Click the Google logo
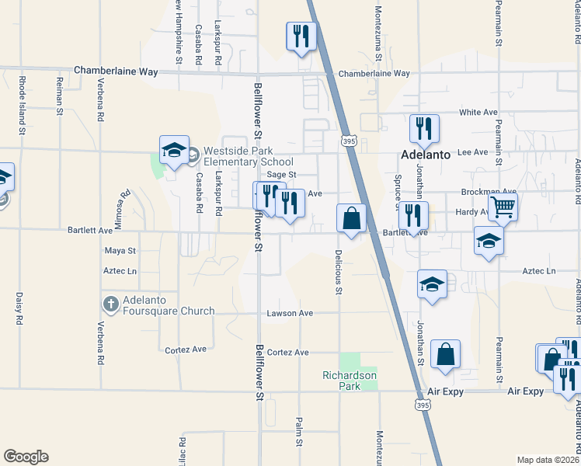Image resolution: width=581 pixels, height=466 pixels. [x=26, y=457]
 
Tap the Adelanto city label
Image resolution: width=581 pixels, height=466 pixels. [x=426, y=155]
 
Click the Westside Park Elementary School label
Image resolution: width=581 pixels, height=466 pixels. [x=238, y=157]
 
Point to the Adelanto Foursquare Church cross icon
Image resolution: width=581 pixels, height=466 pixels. [x=111, y=302]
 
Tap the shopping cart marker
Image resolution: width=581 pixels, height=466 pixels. [x=503, y=207]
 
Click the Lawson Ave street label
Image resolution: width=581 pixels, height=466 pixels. [x=290, y=314]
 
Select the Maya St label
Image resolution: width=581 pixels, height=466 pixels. [x=120, y=251]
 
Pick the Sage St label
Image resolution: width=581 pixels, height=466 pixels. [x=282, y=176]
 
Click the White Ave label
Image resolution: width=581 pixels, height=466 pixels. [x=478, y=113]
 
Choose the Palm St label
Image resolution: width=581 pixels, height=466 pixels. [x=298, y=433]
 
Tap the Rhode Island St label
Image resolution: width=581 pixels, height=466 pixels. [x=23, y=102]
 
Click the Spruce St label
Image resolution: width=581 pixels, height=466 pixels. [x=397, y=190]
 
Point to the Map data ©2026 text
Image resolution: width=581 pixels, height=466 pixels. [x=548, y=460]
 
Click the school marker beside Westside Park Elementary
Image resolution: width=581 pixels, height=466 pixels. [x=174, y=150]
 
